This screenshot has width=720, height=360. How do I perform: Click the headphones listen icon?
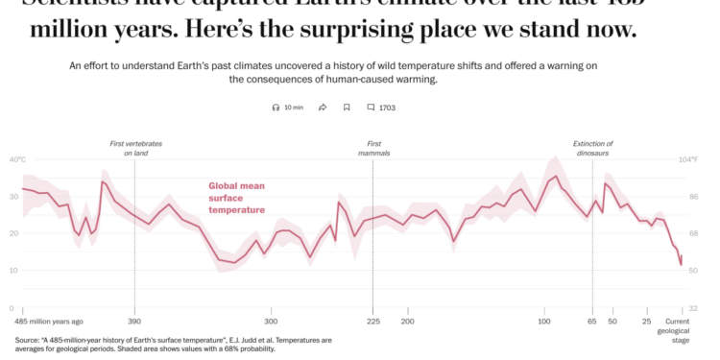(276, 108)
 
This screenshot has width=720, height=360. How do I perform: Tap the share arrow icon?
(324, 108)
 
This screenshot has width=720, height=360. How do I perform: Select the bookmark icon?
(347, 108)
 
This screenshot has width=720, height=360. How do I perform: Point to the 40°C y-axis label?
(18, 159)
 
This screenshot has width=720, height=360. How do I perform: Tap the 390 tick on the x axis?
(134, 321)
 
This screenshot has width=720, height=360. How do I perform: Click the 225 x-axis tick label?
(372, 321)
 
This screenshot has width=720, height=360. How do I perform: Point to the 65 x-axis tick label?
(592, 321)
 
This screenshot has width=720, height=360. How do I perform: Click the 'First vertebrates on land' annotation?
(135, 148)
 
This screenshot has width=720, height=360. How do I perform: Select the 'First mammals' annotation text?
(373, 148)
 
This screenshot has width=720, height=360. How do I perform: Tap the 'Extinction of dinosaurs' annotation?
(593, 148)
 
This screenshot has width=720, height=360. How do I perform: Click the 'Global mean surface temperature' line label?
(237, 198)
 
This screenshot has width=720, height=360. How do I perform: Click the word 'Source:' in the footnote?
(28, 340)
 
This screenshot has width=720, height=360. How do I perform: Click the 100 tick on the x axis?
(544, 321)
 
